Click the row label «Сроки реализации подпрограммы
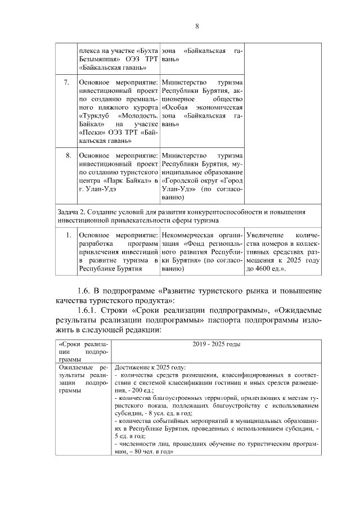[83, 351]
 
